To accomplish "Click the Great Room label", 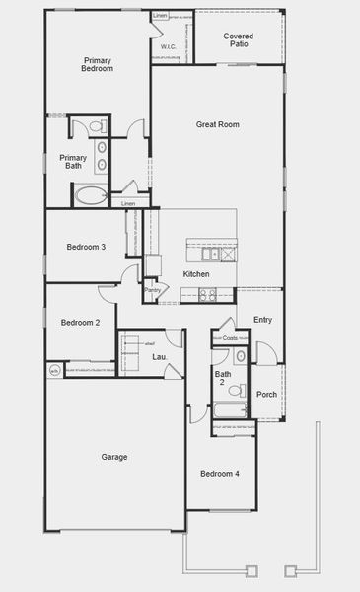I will (x=217, y=124).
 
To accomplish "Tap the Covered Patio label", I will (x=237, y=39).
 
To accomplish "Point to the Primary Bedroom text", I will (x=97, y=65).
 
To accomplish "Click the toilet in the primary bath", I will (x=97, y=126).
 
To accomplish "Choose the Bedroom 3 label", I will (x=86, y=247).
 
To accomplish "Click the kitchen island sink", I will (x=211, y=254).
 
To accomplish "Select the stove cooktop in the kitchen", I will (x=207, y=293).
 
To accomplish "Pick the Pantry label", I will (x=152, y=290).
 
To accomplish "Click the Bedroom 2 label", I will (x=80, y=323).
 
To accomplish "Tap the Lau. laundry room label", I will (x=158, y=356).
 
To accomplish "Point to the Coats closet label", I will (x=230, y=338).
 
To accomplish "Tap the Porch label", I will (x=266, y=395).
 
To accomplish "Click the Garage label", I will (x=114, y=457).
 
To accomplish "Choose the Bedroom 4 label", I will (x=219, y=474).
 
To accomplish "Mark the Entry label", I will (x=262, y=320).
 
